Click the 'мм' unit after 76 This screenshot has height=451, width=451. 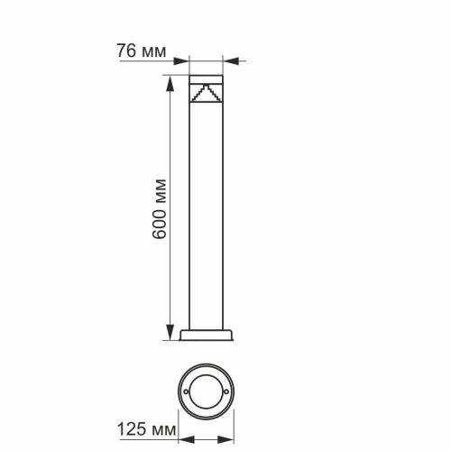coord(153,52)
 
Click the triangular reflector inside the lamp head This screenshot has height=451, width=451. coord(207,93)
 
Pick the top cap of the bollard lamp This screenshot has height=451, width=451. coord(207,75)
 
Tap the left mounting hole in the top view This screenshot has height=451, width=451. coord(187,393)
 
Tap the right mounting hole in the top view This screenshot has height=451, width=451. coord(228,393)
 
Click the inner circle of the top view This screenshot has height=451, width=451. coord(207,393)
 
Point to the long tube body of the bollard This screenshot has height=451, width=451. coord(207,216)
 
